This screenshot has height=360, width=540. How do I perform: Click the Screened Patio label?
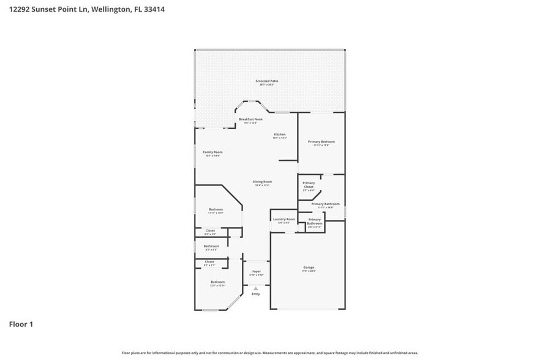(x=266, y=81)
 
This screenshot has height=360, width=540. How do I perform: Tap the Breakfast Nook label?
(x=250, y=119)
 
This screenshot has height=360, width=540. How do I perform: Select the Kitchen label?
(x=279, y=135)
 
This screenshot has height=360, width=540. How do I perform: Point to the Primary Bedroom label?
(x=321, y=141)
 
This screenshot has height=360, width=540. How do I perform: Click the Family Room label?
(x=212, y=152)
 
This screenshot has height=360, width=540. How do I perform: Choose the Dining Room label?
(x=262, y=182)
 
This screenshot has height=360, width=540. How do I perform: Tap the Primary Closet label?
(x=309, y=184)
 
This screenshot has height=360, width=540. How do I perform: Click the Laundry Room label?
(x=284, y=219)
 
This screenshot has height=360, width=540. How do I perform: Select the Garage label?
(x=309, y=268)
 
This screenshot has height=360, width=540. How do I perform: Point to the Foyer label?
(x=256, y=271)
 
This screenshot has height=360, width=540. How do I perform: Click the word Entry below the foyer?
(x=255, y=294)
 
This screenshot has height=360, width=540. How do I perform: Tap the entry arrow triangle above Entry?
(x=255, y=288)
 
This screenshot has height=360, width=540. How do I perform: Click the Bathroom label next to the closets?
(x=211, y=246)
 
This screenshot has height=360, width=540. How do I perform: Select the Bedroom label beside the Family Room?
(x=216, y=209)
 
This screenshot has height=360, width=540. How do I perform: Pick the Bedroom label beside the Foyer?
(x=218, y=282)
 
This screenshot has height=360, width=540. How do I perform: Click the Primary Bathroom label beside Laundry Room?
(x=315, y=221)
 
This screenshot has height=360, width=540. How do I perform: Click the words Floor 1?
(x=21, y=324)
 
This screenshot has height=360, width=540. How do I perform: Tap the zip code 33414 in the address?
(x=153, y=10)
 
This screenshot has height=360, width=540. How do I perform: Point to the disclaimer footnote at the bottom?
(x=270, y=353)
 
